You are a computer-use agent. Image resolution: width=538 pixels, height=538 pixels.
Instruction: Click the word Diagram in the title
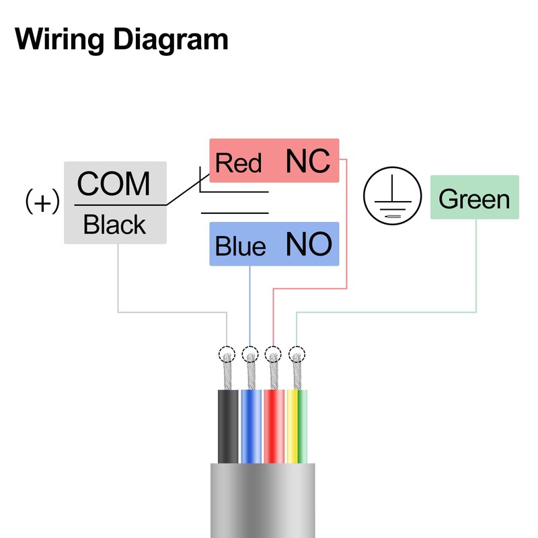169,40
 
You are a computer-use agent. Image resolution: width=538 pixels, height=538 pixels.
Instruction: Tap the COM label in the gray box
114,183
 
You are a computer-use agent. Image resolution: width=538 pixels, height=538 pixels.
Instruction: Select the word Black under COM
114,225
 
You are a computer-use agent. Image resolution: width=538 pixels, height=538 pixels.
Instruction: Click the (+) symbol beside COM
42,202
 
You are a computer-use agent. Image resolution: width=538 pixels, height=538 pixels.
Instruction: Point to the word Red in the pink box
238,163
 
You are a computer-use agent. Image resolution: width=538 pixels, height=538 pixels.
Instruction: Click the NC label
308,161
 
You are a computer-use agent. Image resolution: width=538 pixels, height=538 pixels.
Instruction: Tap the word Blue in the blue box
240,246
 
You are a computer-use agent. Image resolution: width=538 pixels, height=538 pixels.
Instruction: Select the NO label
309,245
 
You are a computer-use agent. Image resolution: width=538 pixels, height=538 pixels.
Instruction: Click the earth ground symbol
389,197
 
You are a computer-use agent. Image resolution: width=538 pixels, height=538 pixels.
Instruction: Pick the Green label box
474,198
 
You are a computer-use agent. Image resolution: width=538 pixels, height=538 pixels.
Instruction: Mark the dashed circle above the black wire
227,354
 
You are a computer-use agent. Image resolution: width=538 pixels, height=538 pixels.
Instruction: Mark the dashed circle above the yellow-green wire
297,354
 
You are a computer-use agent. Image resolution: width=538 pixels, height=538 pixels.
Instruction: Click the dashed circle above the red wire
273,354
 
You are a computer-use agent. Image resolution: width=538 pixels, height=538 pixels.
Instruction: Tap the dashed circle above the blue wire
250,354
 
